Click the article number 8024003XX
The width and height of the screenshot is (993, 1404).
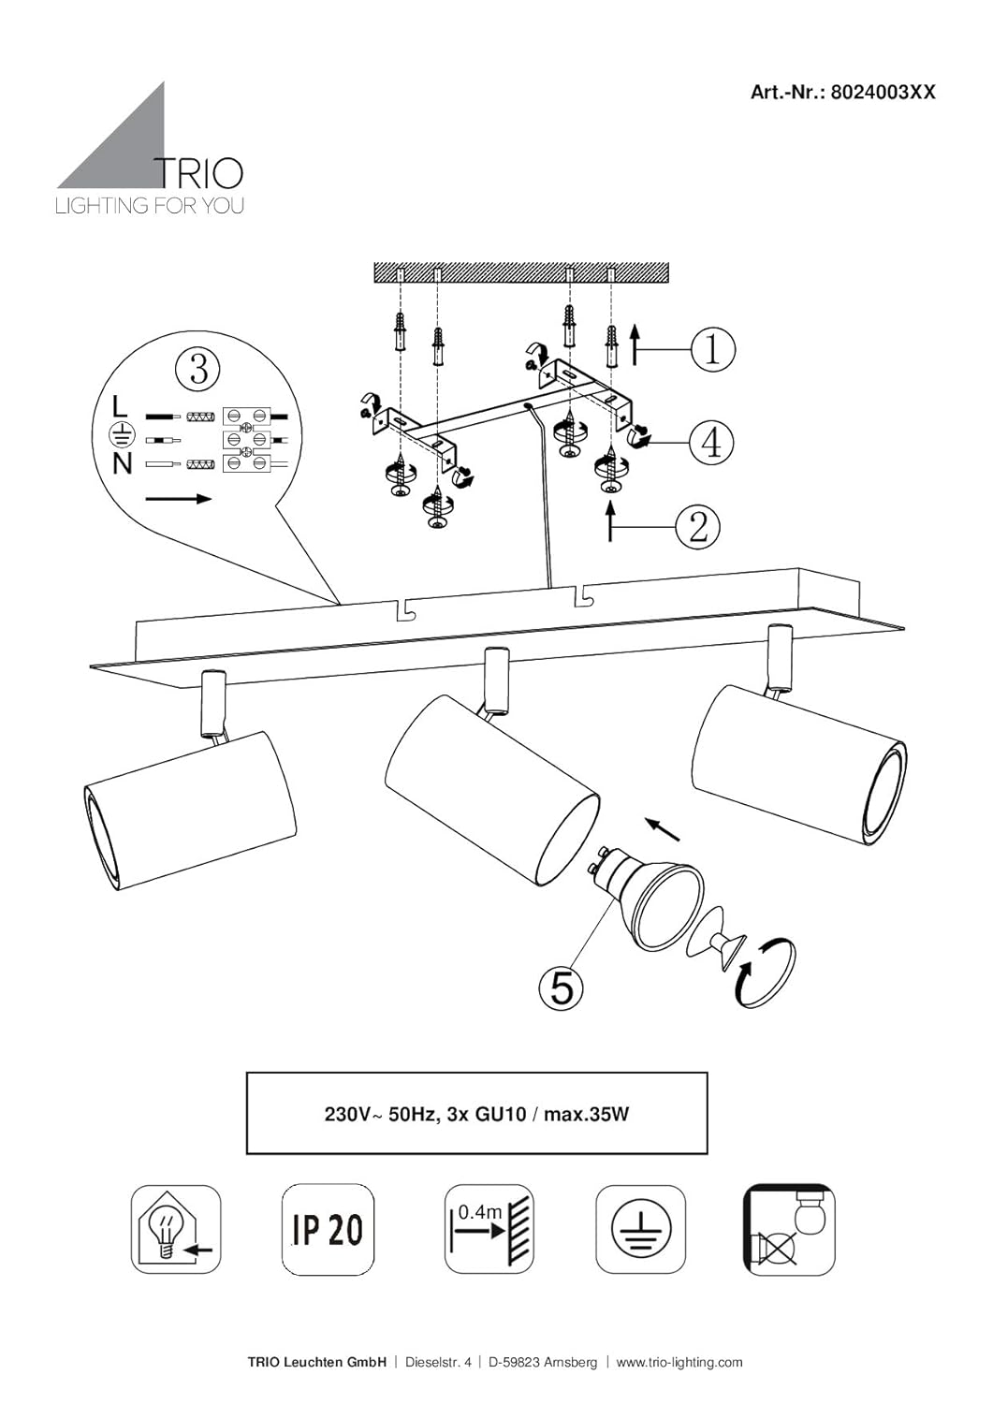coord(883,92)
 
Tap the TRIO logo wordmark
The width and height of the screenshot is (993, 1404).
coord(198,173)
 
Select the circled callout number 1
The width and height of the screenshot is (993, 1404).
coord(713,349)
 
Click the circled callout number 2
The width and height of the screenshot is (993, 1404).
coord(697,526)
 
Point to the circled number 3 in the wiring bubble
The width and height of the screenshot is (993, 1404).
coord(198,368)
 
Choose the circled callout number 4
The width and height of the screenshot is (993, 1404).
coord(711,443)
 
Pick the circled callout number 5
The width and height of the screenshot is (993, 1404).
coord(562,989)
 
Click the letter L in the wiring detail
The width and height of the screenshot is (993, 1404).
coord(119,407)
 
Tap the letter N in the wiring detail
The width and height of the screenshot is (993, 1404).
coord(122,464)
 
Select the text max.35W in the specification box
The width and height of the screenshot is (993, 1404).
coord(586,1115)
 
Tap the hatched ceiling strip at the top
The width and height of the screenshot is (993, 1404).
coord(521,271)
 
